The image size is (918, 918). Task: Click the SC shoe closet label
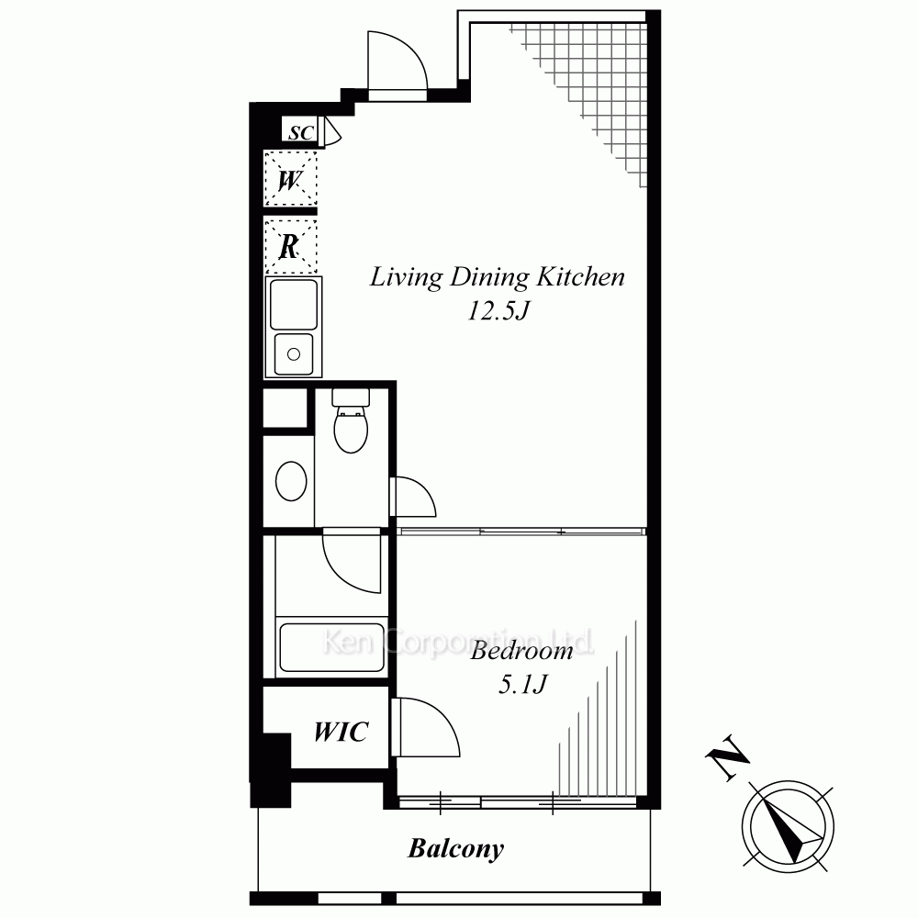(x=301, y=132)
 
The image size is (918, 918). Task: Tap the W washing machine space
(x=290, y=179)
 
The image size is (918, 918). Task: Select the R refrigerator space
(x=290, y=246)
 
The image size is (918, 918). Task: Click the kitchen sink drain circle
(x=294, y=353)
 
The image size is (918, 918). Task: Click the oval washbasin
(x=291, y=481)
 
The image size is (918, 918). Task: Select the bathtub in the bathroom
(x=331, y=647)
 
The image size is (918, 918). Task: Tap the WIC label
(x=341, y=732)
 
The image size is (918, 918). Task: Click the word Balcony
(x=455, y=849)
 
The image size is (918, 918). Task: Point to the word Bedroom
(x=521, y=651)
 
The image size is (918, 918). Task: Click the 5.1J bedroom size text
(x=522, y=683)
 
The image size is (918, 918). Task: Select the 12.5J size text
(x=498, y=310)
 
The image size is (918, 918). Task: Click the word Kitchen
(x=581, y=277)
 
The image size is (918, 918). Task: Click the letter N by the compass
(x=728, y=757)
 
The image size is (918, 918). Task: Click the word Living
(x=406, y=277)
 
